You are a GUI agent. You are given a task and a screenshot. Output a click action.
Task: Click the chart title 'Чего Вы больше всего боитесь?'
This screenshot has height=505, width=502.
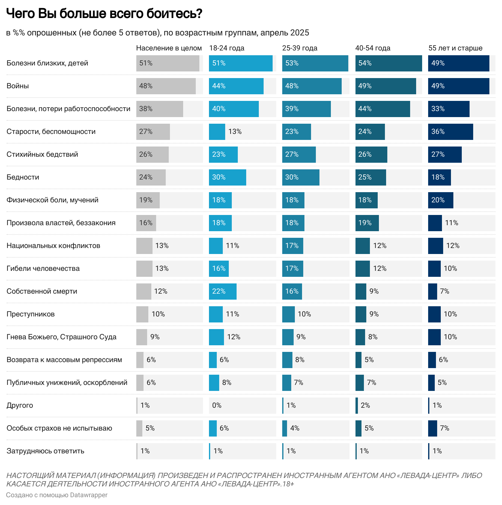click(104, 14)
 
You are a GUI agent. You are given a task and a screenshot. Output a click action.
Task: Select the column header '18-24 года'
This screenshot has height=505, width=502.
click(227, 48)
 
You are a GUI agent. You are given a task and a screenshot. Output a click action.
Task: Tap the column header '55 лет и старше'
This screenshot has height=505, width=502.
click(455, 48)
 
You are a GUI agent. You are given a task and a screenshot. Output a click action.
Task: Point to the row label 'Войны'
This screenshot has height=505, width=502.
click(18, 86)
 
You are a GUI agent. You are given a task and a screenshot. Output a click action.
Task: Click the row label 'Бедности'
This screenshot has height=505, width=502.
click(23, 177)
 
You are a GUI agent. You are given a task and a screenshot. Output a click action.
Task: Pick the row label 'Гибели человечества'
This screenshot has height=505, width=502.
click(43, 268)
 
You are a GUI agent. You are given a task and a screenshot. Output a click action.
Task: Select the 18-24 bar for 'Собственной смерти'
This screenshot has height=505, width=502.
click(223, 291)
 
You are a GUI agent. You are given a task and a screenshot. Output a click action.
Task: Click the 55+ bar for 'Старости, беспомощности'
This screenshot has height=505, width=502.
click(450, 132)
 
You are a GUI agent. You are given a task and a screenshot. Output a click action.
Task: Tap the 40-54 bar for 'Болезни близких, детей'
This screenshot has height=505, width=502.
click(389, 63)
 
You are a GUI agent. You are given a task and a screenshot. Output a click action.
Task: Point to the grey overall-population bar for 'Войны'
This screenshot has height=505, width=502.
click(166, 86)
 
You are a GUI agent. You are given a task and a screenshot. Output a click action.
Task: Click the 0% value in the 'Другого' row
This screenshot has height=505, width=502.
click(217, 405)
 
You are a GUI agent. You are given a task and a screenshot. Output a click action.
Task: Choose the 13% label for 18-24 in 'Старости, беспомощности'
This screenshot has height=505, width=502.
click(235, 132)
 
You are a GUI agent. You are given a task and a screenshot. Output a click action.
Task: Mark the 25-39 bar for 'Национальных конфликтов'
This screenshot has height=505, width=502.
click(292, 246)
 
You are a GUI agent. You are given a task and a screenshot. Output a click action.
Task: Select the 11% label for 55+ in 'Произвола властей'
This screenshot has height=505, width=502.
click(452, 223)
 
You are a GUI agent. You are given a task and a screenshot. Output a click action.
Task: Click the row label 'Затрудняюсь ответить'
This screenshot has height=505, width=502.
click(45, 451)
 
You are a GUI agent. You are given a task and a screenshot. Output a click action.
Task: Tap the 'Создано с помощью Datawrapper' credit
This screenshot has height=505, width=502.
click(57, 495)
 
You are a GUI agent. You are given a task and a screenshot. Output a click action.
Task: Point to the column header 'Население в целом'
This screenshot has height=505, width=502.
click(169, 48)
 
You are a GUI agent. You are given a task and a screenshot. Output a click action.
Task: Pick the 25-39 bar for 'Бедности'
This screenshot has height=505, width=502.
click(301, 177)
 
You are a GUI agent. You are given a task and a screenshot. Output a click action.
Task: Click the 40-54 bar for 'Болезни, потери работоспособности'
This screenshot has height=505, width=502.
click(383, 109)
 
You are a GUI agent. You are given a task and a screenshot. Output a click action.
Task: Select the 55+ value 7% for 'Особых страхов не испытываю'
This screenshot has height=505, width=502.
click(444, 428)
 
